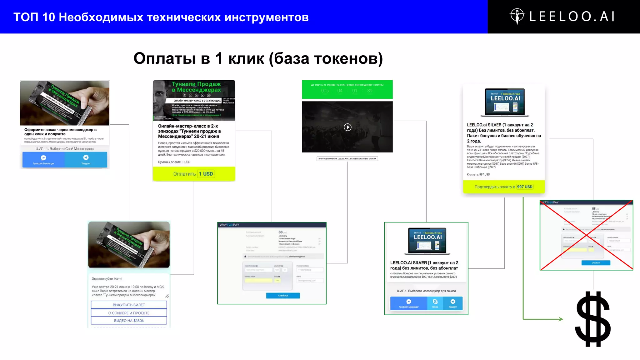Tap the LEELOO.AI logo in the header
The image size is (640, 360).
pos(562,17)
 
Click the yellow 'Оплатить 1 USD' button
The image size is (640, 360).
pos(194,174)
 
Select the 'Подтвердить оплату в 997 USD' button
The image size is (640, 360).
pos(504,187)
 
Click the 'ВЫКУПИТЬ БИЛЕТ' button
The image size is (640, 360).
pos(129,305)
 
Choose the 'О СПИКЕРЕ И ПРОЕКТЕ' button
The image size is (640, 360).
pos(129,313)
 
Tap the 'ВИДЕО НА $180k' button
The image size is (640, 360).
pos(129,321)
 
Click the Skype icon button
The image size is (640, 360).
pos(435,302)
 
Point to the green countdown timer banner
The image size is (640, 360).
pos(347,89)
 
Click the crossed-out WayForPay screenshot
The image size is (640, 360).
pos(586,235)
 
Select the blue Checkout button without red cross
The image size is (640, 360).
pos(283,295)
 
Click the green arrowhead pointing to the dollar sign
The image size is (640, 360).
pos(561,319)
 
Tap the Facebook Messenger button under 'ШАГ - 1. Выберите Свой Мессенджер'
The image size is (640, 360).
pos(43,159)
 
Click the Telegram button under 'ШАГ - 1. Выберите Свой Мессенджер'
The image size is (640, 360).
pos(86,159)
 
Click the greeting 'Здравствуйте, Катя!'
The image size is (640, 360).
pos(107,278)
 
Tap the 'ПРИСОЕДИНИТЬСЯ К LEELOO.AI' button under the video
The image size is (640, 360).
pos(347,159)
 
